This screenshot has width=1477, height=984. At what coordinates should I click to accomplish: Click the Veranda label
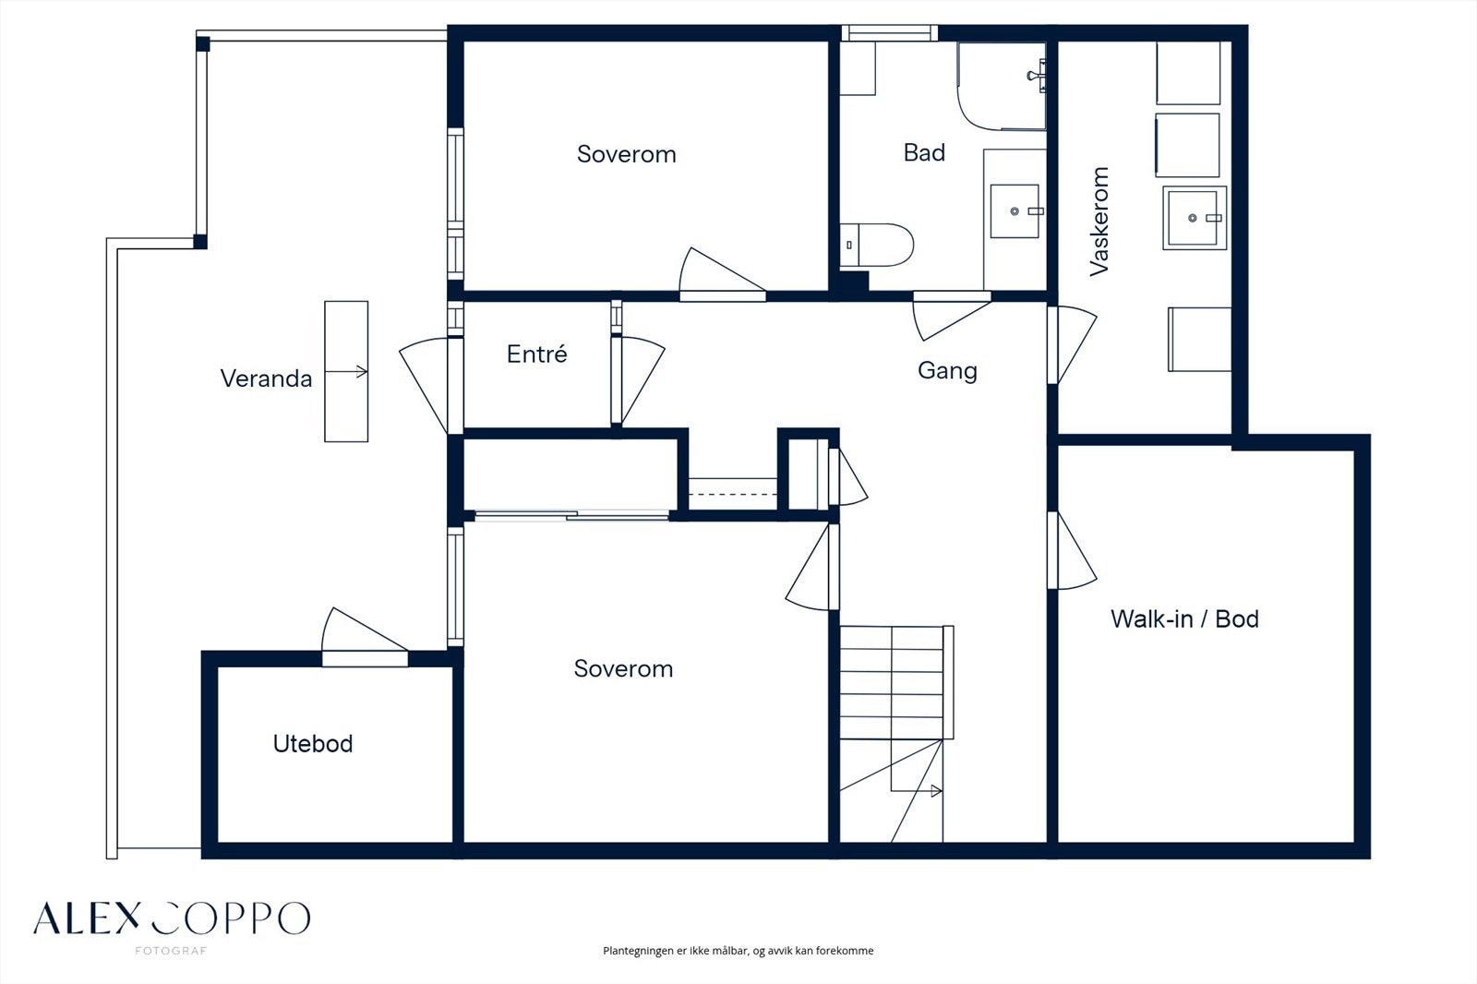click(266, 378)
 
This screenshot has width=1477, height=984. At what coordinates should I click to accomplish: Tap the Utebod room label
click(313, 744)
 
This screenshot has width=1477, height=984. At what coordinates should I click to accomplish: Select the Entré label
click(536, 354)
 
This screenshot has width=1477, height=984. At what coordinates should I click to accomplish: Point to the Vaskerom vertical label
click(1099, 222)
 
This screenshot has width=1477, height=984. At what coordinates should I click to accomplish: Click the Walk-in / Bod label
click(1184, 618)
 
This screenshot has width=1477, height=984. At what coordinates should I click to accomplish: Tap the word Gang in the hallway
click(947, 371)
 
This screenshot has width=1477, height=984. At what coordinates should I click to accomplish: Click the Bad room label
click(924, 153)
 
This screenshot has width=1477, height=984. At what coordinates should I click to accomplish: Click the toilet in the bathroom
click(876, 245)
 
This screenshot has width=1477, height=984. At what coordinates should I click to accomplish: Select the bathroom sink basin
click(1015, 211)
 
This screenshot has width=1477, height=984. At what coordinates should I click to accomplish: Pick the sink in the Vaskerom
click(1195, 218)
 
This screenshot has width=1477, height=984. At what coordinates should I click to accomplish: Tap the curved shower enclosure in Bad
click(1002, 87)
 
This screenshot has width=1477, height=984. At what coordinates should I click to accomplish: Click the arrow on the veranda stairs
click(346, 372)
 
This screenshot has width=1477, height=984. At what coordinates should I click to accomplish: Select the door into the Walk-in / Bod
click(1073, 551)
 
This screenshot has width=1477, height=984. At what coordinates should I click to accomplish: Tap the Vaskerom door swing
click(1073, 345)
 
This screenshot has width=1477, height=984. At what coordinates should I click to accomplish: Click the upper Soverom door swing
click(722, 271)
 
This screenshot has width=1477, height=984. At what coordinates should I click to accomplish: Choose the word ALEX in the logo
click(87, 918)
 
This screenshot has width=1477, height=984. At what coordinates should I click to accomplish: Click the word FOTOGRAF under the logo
click(171, 951)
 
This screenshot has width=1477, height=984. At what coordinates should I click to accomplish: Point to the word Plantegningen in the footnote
click(636, 951)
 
